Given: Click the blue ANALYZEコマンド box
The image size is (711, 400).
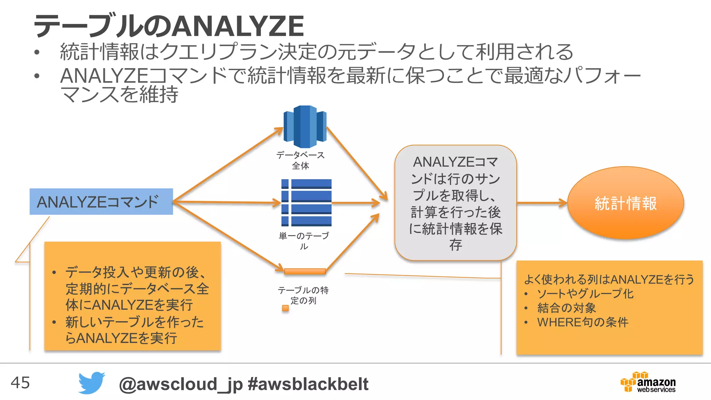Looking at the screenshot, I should coord(101,201).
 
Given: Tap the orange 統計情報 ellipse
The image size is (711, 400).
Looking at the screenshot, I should coord(625,203).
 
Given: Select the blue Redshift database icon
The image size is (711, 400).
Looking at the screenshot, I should coord(305,126).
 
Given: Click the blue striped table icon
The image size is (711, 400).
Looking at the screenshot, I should coord(306,202).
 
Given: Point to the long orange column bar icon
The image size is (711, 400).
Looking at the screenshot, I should coord(305,271).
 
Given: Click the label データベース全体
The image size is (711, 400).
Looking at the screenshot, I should coord(301,160).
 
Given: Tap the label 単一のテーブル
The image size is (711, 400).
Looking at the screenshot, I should coord(304,241).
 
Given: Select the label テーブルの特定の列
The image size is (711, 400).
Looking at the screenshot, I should coord(303,295).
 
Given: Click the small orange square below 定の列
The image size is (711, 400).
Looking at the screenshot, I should coord(285,308).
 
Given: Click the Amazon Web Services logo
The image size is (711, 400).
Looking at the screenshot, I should coord(648,382).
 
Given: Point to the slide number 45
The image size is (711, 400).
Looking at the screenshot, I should coord(20,383).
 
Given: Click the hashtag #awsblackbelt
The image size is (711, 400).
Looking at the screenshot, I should coord(308,384).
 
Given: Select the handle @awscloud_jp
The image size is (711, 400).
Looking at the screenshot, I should coord(181,384).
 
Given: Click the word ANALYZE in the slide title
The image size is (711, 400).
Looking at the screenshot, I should coord(238,26).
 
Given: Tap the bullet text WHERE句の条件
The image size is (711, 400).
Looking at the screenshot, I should coord(583,322).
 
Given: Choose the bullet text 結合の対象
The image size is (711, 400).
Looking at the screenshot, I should coord(567,308).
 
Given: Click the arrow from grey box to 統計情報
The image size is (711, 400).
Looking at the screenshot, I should coord(542,203).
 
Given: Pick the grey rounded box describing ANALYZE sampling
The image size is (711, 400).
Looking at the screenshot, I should coord(455,203).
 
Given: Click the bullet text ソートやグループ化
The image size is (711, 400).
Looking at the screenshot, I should coord(585,294).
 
